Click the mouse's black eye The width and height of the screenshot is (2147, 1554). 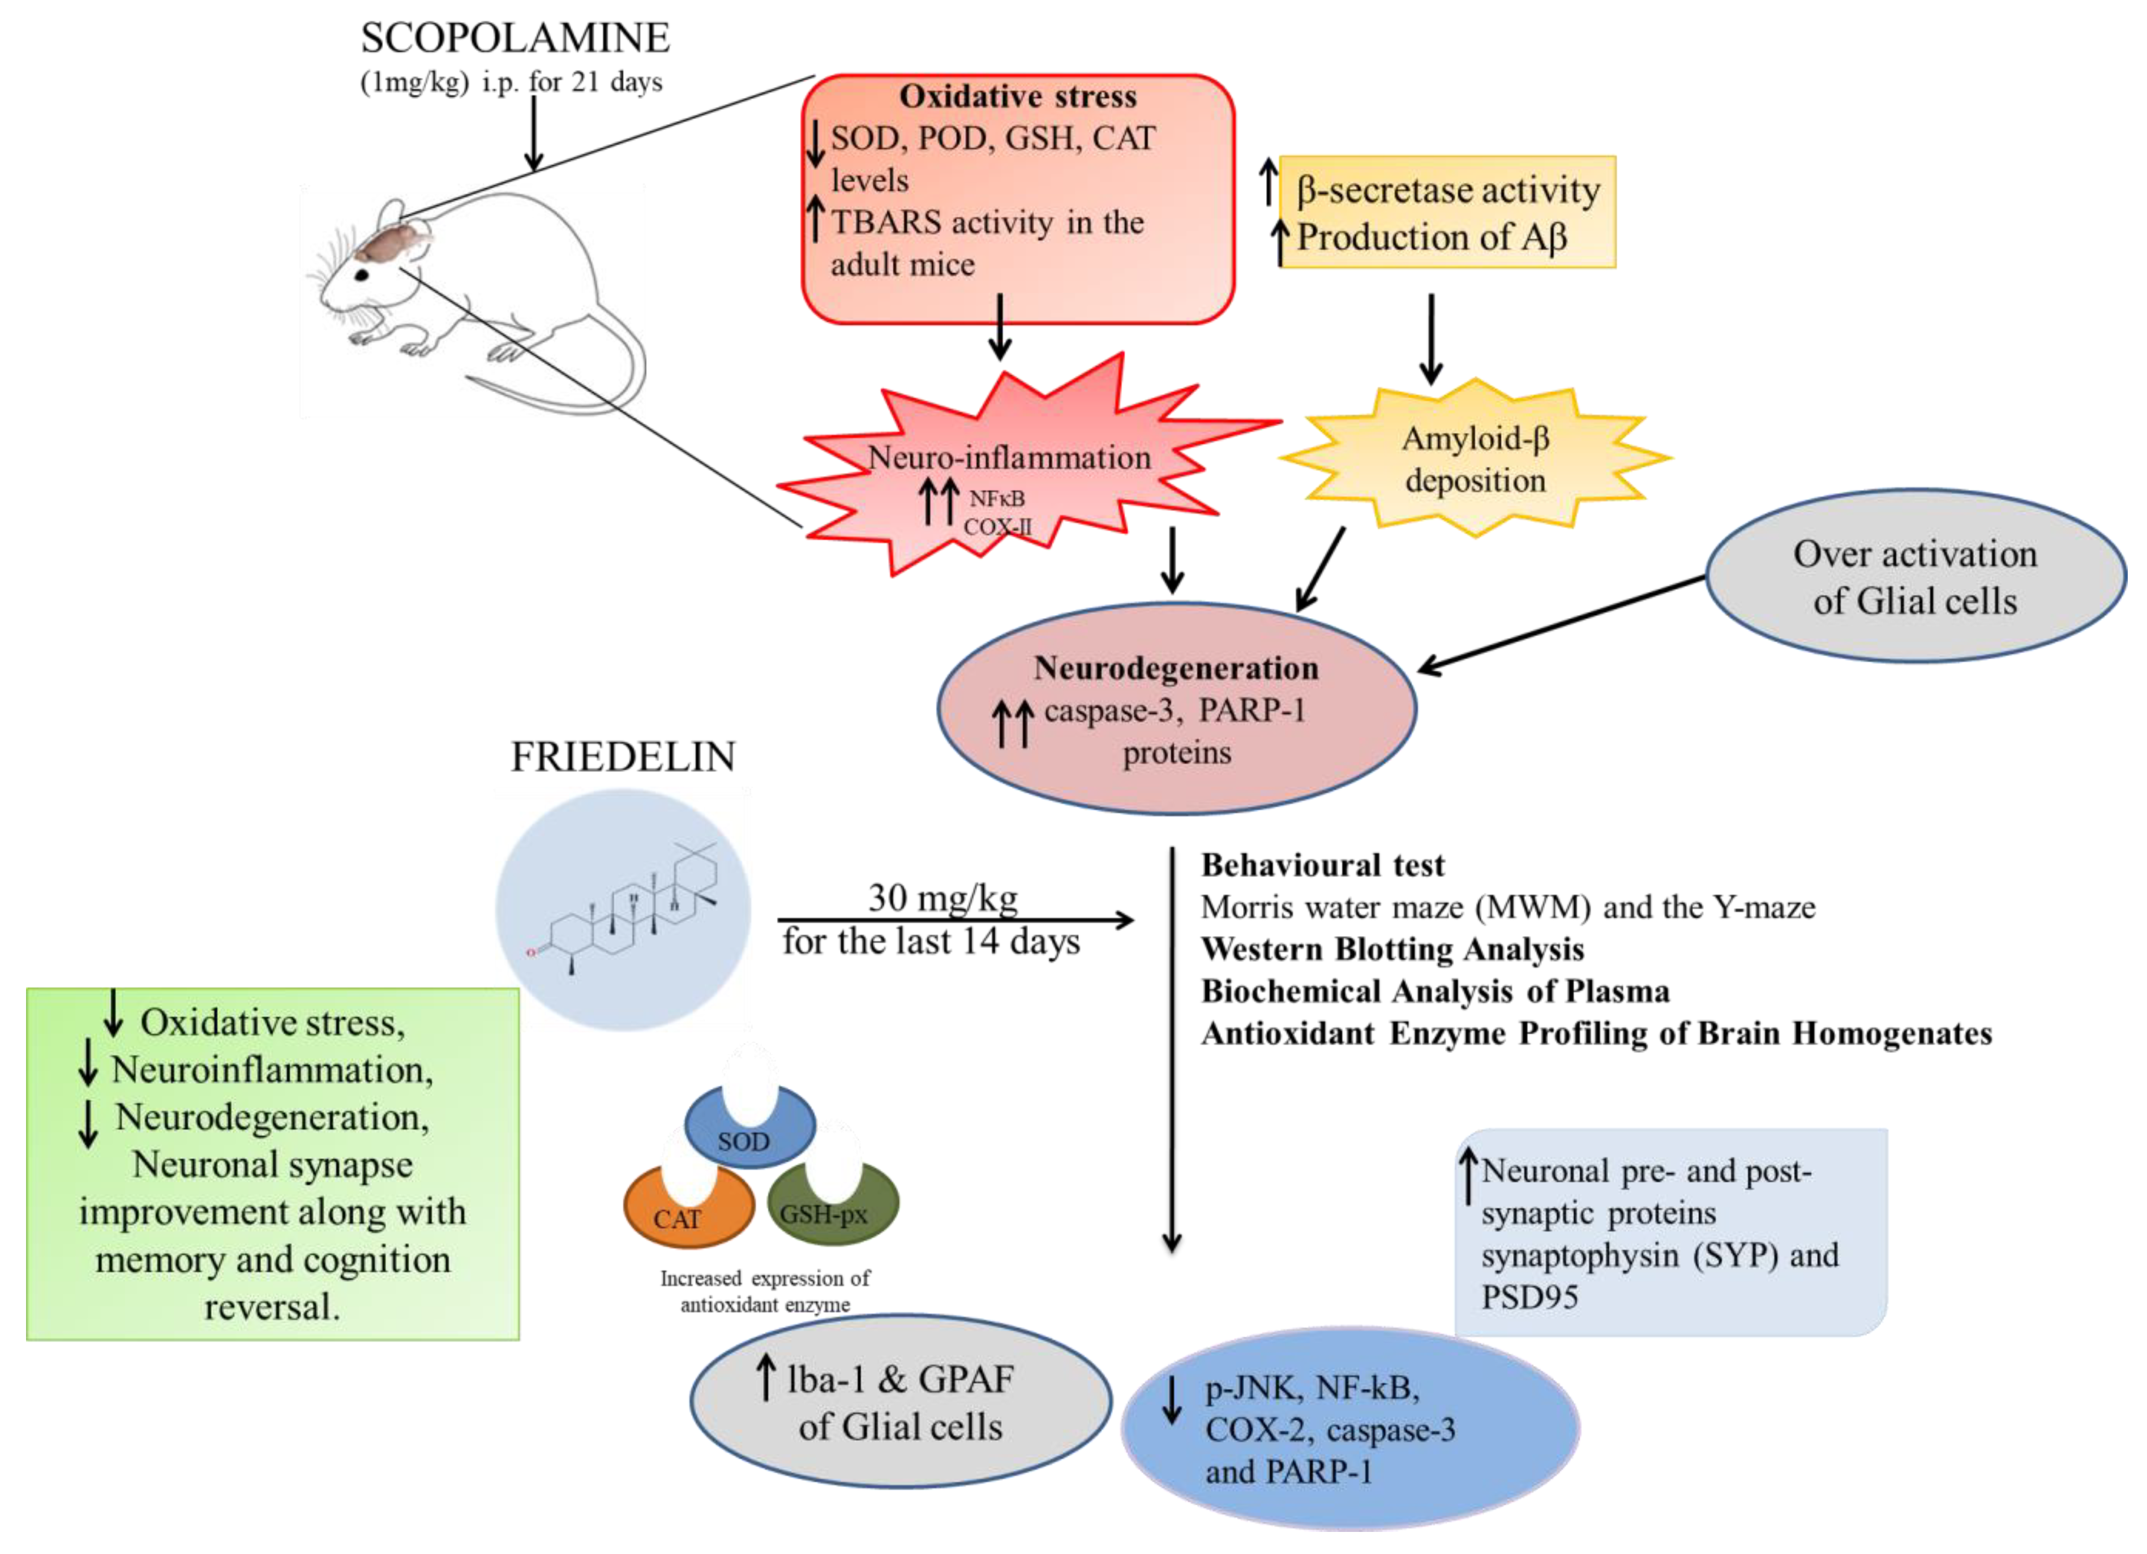pos(362,274)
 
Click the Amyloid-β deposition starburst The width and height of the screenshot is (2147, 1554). pos(1475,459)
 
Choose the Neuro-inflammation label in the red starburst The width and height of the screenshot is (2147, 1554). pos(1009,458)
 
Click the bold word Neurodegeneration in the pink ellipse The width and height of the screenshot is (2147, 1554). pos(1176,668)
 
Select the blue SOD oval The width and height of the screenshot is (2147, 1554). pos(750,1127)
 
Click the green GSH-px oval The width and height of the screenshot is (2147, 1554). pos(834,1203)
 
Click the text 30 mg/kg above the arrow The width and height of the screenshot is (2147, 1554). pos(943,897)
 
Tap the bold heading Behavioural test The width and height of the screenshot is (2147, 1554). pos(1322,865)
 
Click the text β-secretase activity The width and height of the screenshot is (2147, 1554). pos(1449,190)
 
